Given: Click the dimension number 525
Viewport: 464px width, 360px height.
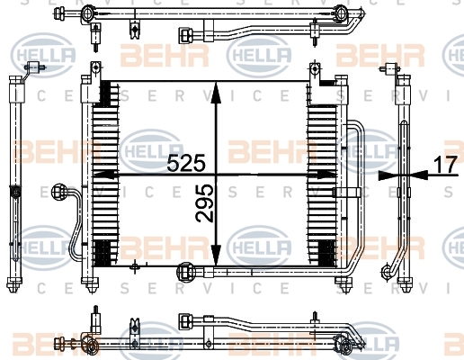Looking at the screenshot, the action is (x=186, y=163).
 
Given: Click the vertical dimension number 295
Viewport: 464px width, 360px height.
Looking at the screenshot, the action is (x=205, y=203).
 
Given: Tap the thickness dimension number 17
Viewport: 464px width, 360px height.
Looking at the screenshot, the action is (x=446, y=164).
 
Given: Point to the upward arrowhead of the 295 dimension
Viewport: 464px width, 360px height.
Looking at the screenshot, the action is (x=216, y=94).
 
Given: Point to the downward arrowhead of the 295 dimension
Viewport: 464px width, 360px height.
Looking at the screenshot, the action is (x=216, y=255).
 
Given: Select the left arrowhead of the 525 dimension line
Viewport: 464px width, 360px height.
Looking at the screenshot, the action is (x=104, y=175).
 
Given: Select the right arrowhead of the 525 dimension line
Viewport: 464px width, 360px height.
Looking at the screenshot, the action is (x=326, y=175).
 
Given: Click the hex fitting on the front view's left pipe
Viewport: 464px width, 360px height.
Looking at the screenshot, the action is (x=58, y=193).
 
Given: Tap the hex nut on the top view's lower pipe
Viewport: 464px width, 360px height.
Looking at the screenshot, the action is (x=184, y=35).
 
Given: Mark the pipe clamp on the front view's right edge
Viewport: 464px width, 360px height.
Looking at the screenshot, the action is (x=347, y=193).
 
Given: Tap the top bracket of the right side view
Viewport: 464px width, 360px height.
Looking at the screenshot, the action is (x=390, y=69).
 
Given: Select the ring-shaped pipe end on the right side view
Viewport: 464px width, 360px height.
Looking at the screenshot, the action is (x=388, y=272).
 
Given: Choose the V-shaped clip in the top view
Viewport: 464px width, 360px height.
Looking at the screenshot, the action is (x=135, y=30).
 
